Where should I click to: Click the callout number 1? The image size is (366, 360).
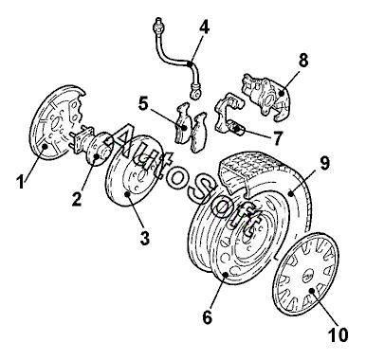[21, 182]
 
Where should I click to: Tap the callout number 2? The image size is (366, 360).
[77, 199]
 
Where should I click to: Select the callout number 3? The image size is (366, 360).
[145, 238]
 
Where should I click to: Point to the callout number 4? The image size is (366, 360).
[204, 27]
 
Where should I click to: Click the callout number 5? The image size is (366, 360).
[144, 103]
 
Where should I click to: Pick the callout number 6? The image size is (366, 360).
[208, 316]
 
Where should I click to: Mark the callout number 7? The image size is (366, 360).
[277, 138]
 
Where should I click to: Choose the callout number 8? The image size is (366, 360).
[303, 60]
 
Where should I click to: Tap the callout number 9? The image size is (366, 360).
[324, 162]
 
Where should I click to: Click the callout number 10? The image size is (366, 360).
[338, 334]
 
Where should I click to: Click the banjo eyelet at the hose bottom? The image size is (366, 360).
[195, 94]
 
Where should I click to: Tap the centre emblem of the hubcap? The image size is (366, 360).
[309, 275]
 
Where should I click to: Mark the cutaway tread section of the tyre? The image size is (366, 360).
[249, 171]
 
